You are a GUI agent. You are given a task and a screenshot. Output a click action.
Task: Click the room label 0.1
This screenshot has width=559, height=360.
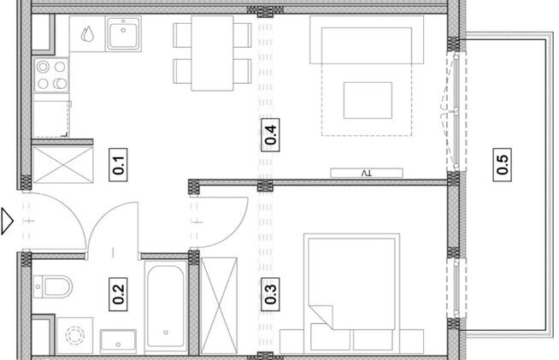click(x=120, y=162)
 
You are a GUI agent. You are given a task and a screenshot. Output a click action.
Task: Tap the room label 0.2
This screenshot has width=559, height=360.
click(x=120, y=294)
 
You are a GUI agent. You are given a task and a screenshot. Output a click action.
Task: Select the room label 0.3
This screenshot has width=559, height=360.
click(x=271, y=294)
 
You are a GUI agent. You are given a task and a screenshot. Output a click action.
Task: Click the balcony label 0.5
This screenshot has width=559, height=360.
click(x=503, y=162)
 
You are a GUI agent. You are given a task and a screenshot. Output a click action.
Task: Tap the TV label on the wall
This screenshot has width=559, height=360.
click(x=367, y=173)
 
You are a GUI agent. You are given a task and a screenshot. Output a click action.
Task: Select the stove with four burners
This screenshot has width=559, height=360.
click(x=50, y=76)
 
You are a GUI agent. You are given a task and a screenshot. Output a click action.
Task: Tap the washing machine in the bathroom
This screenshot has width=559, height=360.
click(x=75, y=334)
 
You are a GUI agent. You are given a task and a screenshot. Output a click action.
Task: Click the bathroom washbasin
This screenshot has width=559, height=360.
click(x=119, y=340)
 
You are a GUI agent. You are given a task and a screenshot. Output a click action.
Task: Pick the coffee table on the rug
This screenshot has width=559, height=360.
click(x=368, y=100)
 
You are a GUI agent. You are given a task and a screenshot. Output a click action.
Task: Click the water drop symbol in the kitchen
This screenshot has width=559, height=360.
click(x=88, y=35)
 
